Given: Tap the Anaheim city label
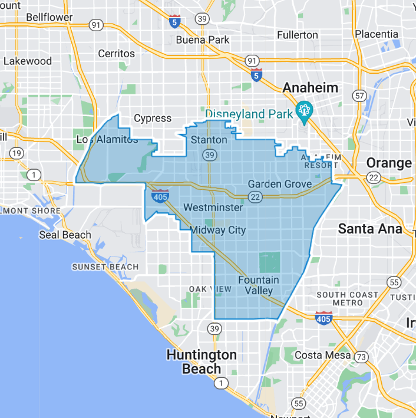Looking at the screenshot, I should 311,88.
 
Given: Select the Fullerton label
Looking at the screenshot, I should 298,35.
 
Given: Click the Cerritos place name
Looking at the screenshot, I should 116,53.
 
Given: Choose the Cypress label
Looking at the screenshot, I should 153,119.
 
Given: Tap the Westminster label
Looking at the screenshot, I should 213,208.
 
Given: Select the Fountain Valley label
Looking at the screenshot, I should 259,285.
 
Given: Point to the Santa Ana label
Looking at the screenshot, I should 370,229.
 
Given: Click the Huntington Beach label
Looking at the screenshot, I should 202,362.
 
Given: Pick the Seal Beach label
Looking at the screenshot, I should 65,235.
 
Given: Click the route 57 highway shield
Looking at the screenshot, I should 359,95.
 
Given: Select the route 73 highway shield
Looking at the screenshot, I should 361,357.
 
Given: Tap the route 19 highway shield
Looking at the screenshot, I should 17,153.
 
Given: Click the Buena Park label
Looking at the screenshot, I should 203,40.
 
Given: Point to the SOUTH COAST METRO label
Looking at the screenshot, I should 348,298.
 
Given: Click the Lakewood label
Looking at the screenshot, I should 28,61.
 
